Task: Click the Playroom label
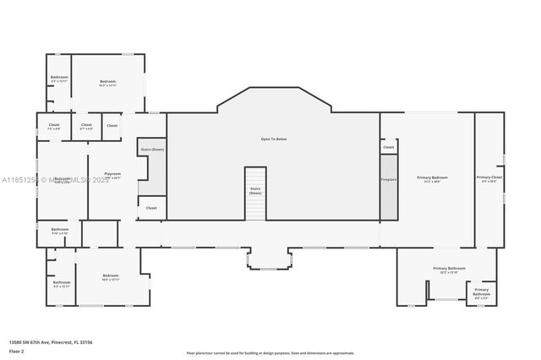[x=112, y=175]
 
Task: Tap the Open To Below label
[x=273, y=139]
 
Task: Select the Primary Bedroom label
[x=432, y=178]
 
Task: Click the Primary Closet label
[x=491, y=178]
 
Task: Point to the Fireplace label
[x=389, y=179]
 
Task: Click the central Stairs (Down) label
[x=255, y=191]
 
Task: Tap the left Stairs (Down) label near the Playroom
[x=152, y=150]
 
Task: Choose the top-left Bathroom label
[x=59, y=79]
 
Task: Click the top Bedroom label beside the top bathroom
[x=107, y=83]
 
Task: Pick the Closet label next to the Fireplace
[x=389, y=147]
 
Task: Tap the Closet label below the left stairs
[x=151, y=208]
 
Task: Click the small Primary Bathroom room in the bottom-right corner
[x=481, y=292]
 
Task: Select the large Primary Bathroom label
[x=445, y=270]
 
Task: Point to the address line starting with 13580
[x=56, y=341]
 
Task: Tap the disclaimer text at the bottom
[x=270, y=352]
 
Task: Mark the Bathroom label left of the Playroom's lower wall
[x=59, y=231]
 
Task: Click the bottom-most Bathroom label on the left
[x=61, y=284]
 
